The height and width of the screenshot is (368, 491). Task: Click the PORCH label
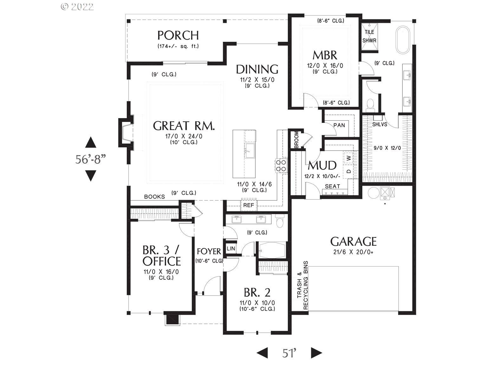[x=178, y=35]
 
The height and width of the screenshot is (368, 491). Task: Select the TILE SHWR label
[x=369, y=36]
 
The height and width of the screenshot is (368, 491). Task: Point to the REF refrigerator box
[x=249, y=205]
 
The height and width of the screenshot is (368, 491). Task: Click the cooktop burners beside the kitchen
[x=281, y=165]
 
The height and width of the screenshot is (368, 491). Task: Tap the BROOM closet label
[x=296, y=140]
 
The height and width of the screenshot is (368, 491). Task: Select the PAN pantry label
[x=339, y=125]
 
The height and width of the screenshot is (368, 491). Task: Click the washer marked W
[x=349, y=157]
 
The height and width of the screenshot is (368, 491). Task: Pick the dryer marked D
[x=349, y=171]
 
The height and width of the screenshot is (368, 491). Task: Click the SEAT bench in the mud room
[x=332, y=187]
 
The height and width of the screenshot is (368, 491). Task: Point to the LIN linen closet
[x=231, y=248]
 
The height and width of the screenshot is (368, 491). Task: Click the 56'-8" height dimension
[x=90, y=159]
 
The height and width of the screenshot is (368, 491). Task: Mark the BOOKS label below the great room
[x=154, y=197]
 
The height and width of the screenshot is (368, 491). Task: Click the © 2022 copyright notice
[x=77, y=7]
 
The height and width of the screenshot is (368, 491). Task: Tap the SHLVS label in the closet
[x=379, y=124]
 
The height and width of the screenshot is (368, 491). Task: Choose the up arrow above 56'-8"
[x=91, y=143]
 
